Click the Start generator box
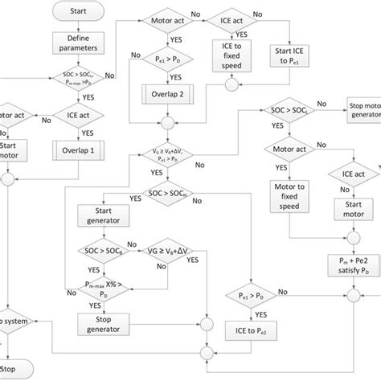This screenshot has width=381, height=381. click(x=98, y=214)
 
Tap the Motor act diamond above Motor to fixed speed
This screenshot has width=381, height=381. click(x=286, y=150)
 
